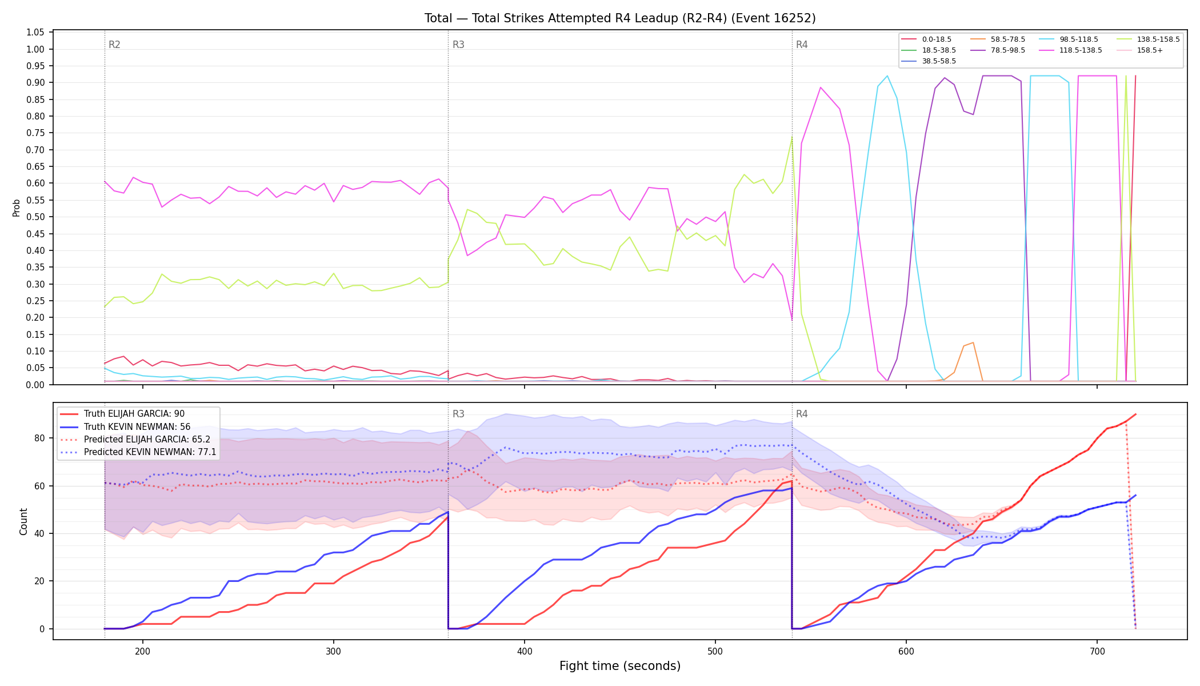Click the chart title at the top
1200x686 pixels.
click(x=620, y=18)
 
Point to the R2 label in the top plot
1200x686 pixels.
click(x=114, y=45)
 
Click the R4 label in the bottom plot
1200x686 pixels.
click(x=802, y=414)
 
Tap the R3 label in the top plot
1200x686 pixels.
click(x=458, y=45)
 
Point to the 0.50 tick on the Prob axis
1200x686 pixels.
click(x=35, y=217)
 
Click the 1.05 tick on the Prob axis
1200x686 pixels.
click(x=35, y=33)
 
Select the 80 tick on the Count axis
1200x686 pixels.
click(x=39, y=438)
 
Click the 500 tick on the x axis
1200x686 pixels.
click(x=715, y=651)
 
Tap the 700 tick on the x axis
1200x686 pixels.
click(x=1097, y=651)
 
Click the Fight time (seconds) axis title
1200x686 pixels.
click(x=620, y=666)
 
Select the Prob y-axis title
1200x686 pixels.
click(x=17, y=208)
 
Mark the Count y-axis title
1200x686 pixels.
click(x=23, y=521)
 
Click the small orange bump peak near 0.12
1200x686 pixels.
click(x=973, y=342)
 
